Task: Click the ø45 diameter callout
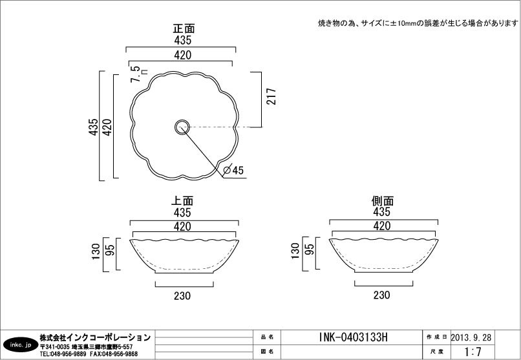click(233, 171)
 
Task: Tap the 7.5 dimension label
click(135, 74)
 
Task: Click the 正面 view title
click(184, 28)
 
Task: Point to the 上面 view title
click(182, 201)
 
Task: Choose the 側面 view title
click(383, 201)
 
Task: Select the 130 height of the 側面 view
click(296, 251)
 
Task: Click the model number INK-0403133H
click(353, 337)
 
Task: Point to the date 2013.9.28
click(471, 337)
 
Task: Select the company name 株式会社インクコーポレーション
click(95, 337)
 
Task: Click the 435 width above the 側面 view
click(382, 212)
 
